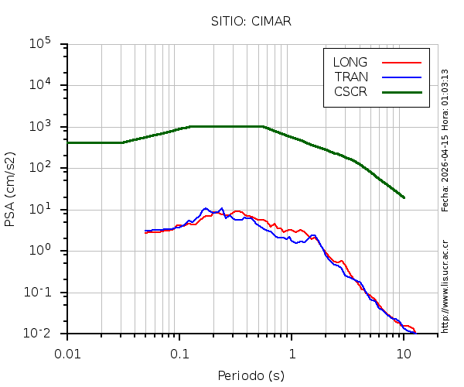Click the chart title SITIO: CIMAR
(x=251, y=21)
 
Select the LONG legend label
(x=350, y=62)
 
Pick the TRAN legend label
(x=351, y=77)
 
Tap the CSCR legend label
(x=350, y=91)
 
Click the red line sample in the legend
(x=401, y=62)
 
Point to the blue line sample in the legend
(x=401, y=77)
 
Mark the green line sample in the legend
(x=401, y=91)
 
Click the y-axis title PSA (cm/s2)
(x=11, y=190)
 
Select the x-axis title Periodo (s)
(x=251, y=375)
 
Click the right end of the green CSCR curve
(x=404, y=197)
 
